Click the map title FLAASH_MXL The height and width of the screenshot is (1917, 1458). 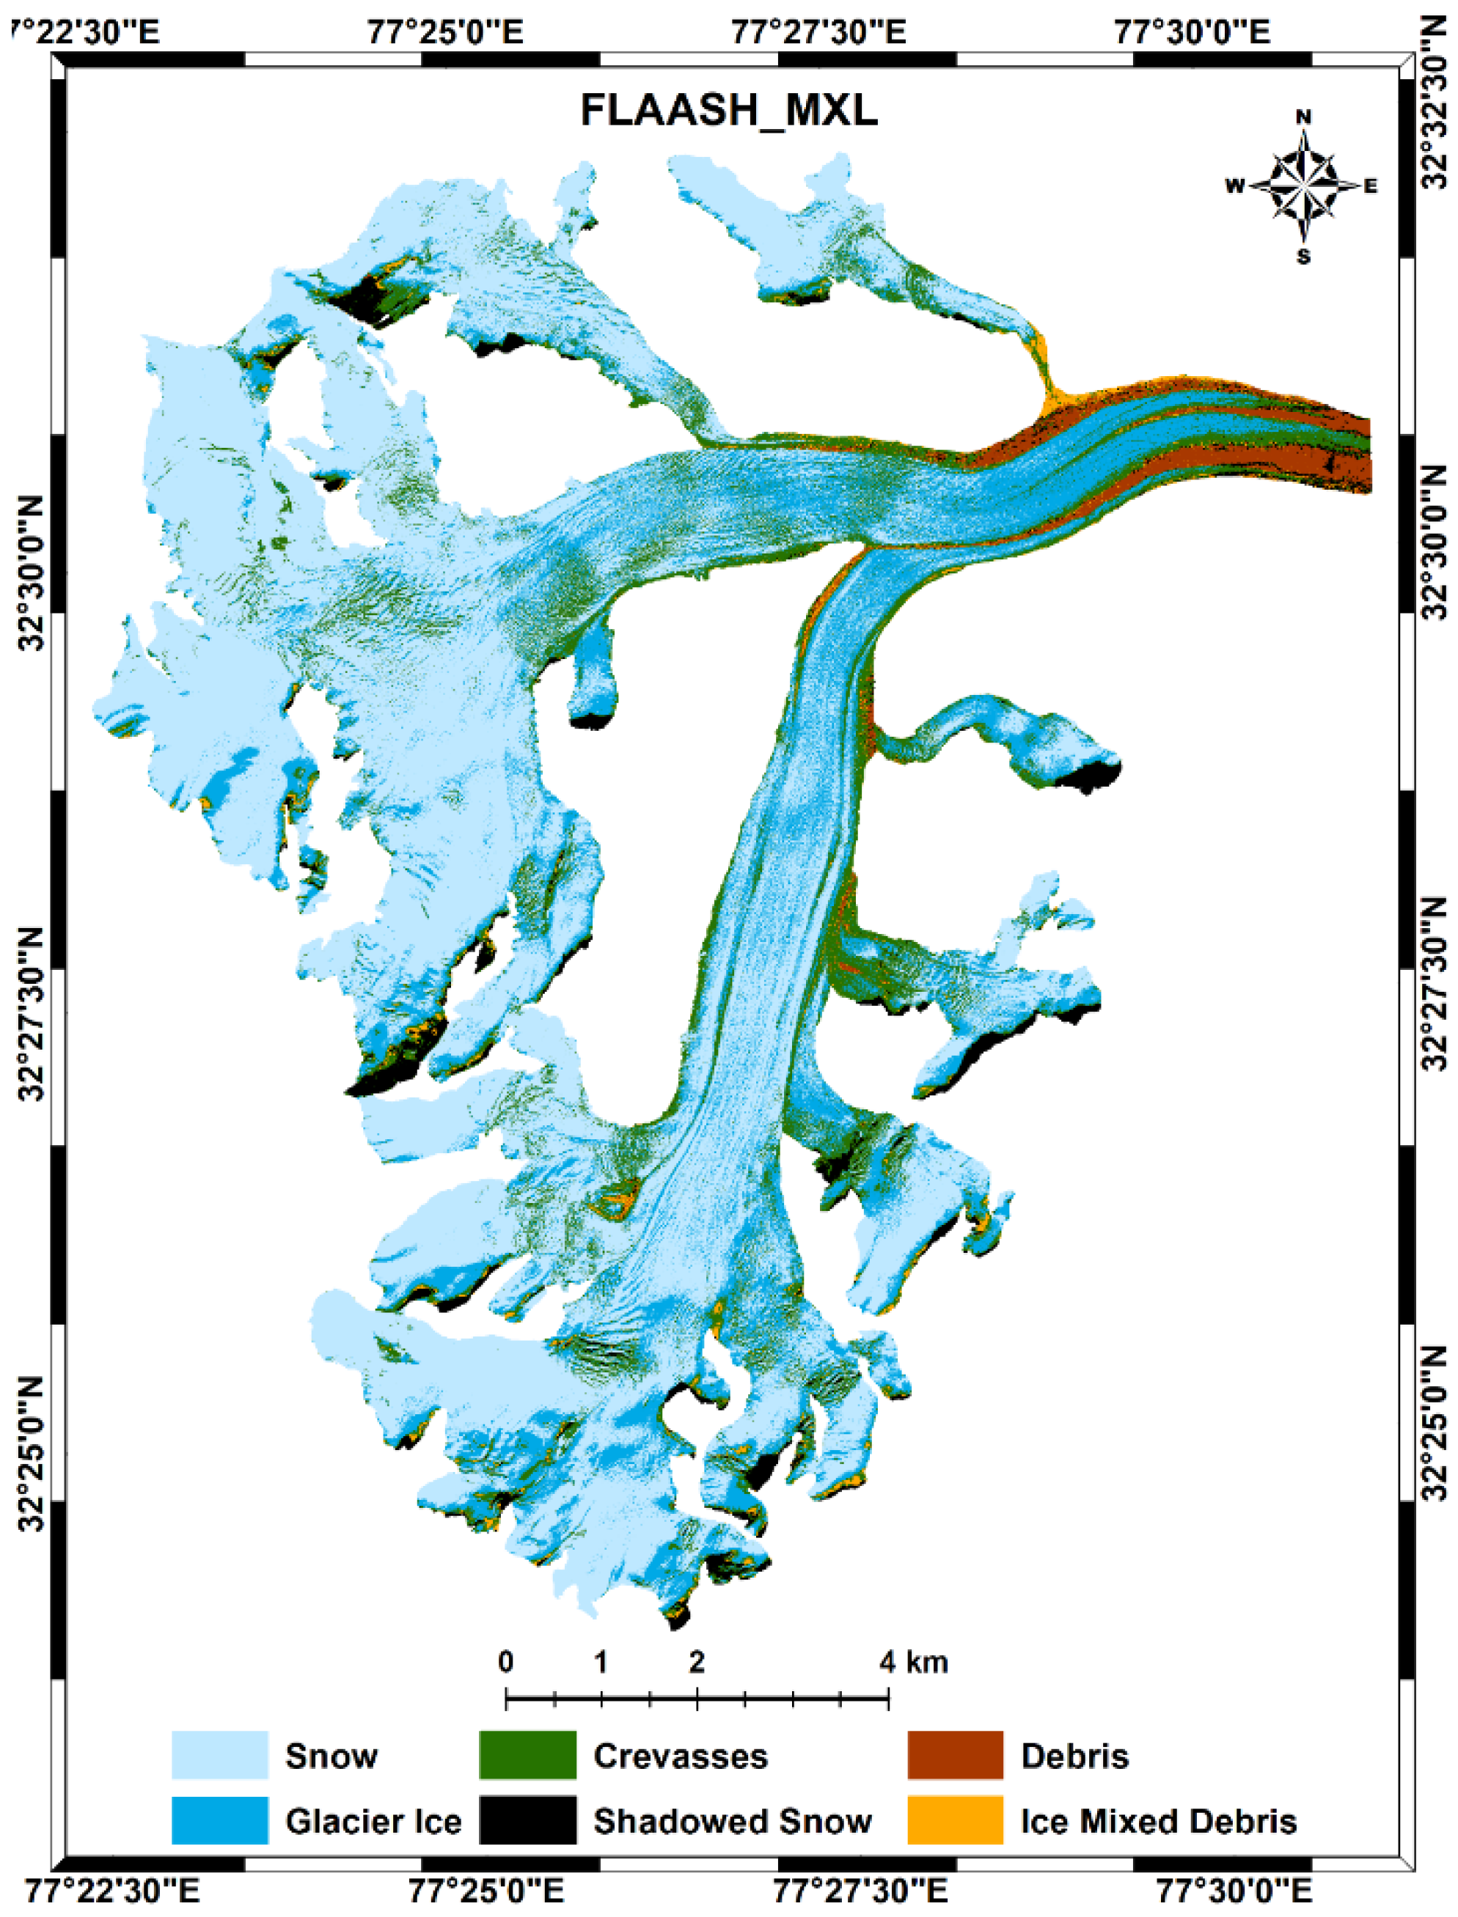point(729,111)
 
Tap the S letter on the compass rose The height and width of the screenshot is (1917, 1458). point(1303,257)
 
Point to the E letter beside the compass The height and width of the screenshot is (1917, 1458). point(1371,185)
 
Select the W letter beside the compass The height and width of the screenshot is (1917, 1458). point(1234,185)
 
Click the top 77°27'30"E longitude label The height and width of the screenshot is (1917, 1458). point(818,33)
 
